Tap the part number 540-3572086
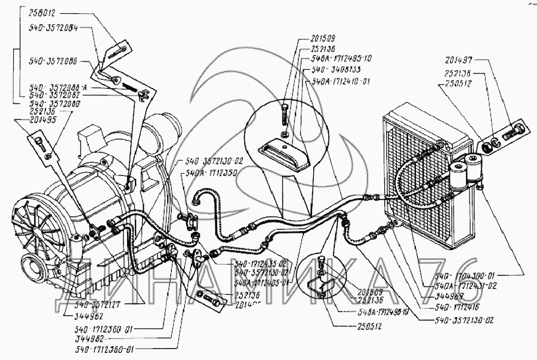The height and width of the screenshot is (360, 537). (54, 61)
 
